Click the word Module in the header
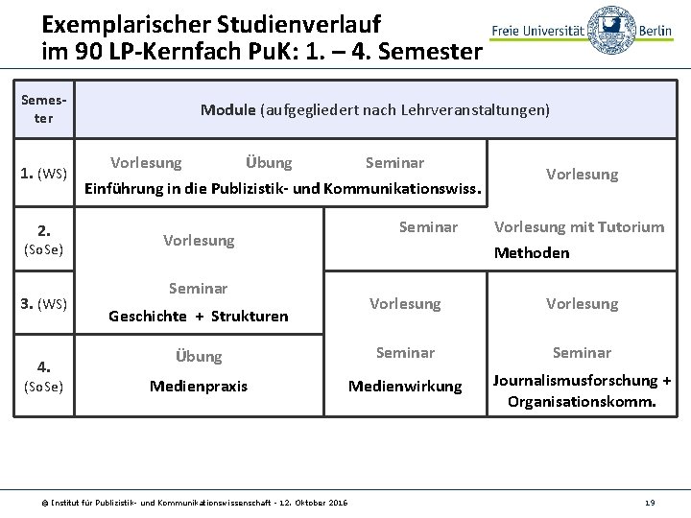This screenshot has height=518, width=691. click(x=227, y=110)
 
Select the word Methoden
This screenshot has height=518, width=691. click(x=531, y=253)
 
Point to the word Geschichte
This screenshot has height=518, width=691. click(x=148, y=316)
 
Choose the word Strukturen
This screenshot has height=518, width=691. click(x=250, y=316)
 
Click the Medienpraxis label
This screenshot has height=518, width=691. click(x=199, y=386)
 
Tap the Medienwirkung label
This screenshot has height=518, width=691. click(x=405, y=386)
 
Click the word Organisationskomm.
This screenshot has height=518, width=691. click(x=582, y=403)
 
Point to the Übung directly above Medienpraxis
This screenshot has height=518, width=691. click(x=199, y=356)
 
